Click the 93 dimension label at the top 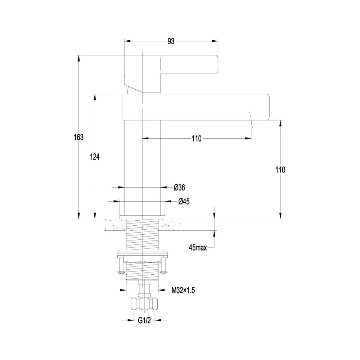(x=171, y=41)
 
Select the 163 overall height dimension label (x=79, y=137)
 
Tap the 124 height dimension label (x=95, y=157)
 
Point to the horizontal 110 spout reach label (x=197, y=139)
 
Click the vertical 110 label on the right (x=280, y=170)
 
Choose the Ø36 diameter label (x=179, y=188)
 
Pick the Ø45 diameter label (x=184, y=202)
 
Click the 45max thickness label (x=198, y=248)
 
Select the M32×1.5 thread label (x=183, y=291)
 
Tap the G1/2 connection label (x=144, y=320)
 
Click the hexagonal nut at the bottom (x=144, y=304)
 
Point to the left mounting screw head (x=121, y=272)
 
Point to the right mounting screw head (x=164, y=272)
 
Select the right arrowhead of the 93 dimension (x=215, y=41)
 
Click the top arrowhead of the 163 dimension (x=79, y=58)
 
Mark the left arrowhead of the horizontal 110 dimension (x=145, y=139)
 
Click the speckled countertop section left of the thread (x=115, y=225)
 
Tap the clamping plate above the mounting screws (x=142, y=255)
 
